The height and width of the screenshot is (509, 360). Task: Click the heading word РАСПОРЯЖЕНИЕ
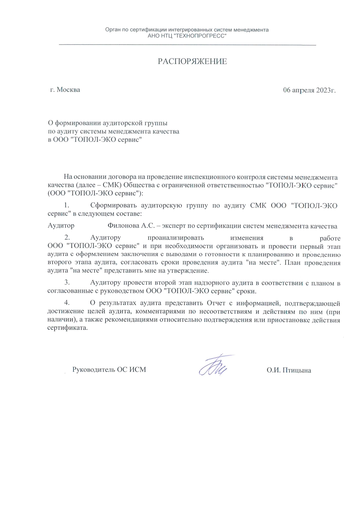tap(192, 62)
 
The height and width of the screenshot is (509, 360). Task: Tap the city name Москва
tap(68, 90)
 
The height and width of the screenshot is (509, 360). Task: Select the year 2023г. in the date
tap(326, 90)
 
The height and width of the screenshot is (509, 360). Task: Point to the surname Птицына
tap(297, 370)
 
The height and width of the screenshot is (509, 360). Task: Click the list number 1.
tap(67, 205)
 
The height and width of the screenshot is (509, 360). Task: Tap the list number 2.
tap(67, 237)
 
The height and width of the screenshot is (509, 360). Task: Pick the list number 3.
tap(67, 282)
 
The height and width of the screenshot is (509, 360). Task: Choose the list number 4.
tap(67, 303)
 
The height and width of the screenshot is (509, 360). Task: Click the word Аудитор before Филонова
tap(61, 226)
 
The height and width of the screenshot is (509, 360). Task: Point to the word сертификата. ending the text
tap(68, 328)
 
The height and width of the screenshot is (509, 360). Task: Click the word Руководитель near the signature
tap(94, 370)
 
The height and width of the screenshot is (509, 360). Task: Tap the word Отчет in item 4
tap(216, 303)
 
